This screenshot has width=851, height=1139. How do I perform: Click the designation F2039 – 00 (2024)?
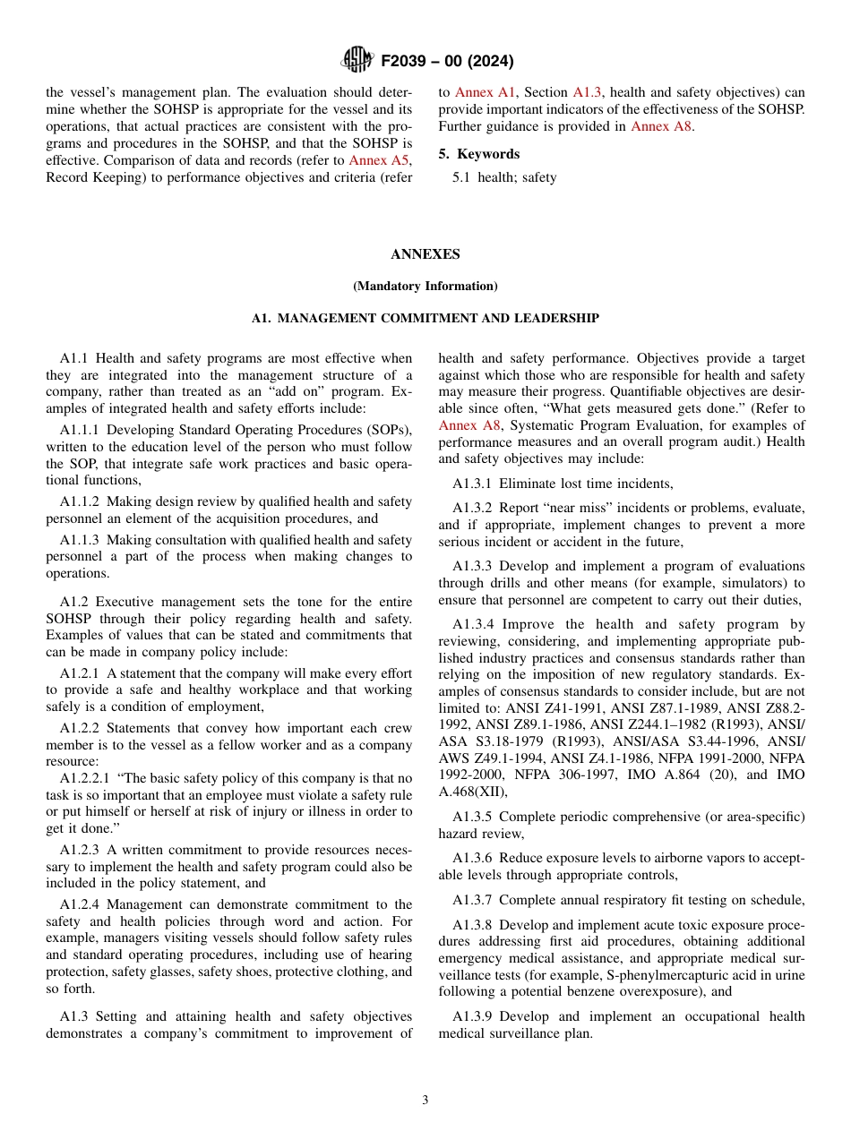pyautogui.click(x=447, y=62)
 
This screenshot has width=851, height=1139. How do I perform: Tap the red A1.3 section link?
pyautogui.click(x=588, y=92)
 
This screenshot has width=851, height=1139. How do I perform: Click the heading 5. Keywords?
pyautogui.click(x=478, y=154)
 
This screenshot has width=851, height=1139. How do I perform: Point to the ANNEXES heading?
pyautogui.click(x=425, y=254)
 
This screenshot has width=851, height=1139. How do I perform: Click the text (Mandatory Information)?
pyautogui.click(x=425, y=287)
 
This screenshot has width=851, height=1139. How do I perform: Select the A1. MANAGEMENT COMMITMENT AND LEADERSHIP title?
pyautogui.click(x=425, y=319)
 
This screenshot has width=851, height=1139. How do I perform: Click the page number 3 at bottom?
pyautogui.click(x=425, y=1100)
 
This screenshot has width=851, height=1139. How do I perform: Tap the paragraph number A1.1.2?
pyautogui.click(x=80, y=502)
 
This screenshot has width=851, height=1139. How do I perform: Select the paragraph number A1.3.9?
pyautogui.click(x=472, y=1016)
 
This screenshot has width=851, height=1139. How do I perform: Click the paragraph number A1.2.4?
pyautogui.click(x=80, y=904)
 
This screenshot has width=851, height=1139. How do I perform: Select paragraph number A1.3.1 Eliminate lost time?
pyautogui.click(x=472, y=484)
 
